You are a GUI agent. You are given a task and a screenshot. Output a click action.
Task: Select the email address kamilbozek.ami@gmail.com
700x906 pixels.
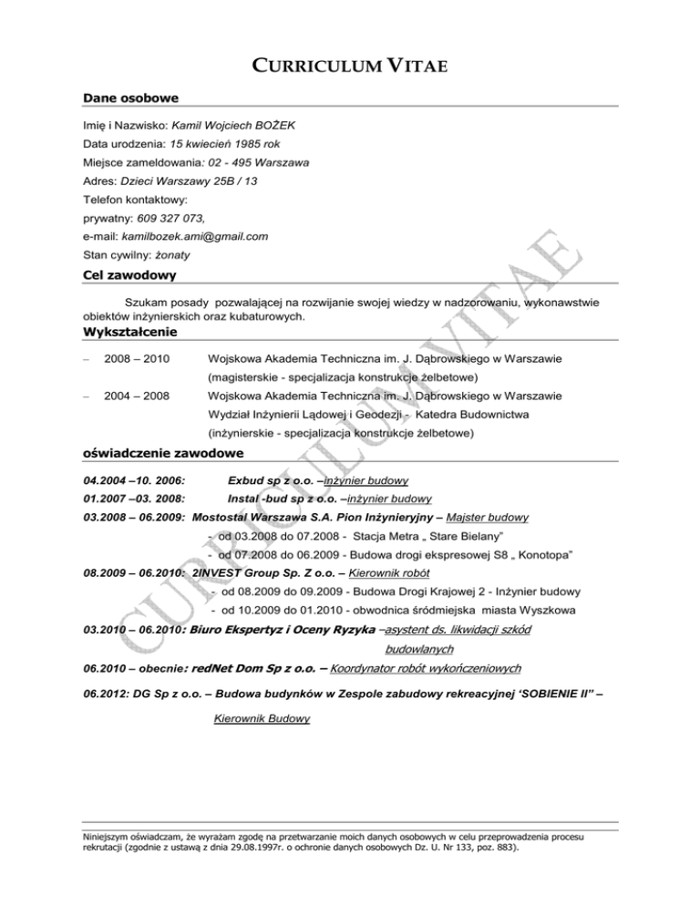pos(194,237)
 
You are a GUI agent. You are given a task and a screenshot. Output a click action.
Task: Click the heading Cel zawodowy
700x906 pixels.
pos(129,274)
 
